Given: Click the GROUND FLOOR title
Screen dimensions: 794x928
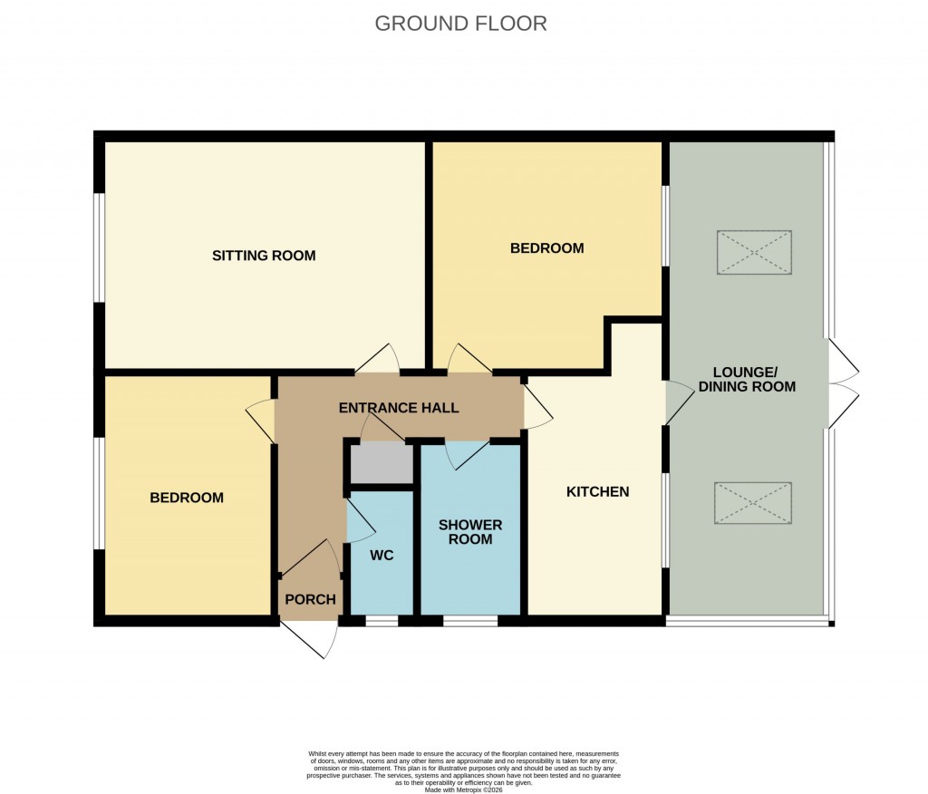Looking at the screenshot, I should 460,24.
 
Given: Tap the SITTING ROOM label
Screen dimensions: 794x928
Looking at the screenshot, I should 264,256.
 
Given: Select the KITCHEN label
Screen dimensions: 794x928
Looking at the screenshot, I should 597,492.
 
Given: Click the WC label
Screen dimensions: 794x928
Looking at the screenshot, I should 382,556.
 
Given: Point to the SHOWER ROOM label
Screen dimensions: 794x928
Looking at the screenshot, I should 470,532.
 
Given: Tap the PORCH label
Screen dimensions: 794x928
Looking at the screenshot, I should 311,599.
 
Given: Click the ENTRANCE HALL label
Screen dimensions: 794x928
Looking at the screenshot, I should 399,408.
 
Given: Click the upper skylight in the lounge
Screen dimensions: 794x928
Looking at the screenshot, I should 754,253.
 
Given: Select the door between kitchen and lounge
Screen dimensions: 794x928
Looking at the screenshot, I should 676,402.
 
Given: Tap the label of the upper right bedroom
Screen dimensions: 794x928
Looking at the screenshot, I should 546,248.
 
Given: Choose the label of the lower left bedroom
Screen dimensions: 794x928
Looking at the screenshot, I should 187,498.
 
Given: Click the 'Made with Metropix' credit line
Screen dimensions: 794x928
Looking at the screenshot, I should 463,789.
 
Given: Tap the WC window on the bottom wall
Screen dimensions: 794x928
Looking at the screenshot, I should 382,621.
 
